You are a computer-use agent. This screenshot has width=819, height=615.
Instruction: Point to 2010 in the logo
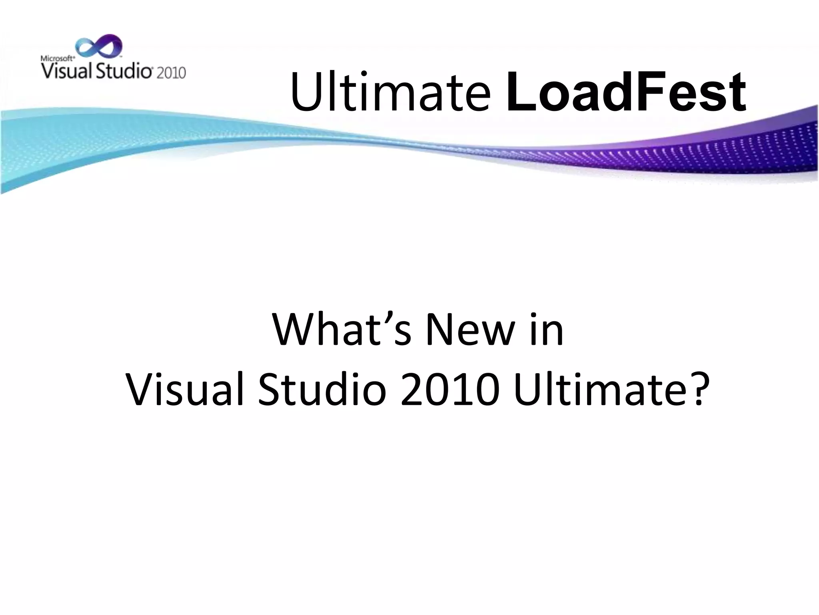(171, 73)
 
